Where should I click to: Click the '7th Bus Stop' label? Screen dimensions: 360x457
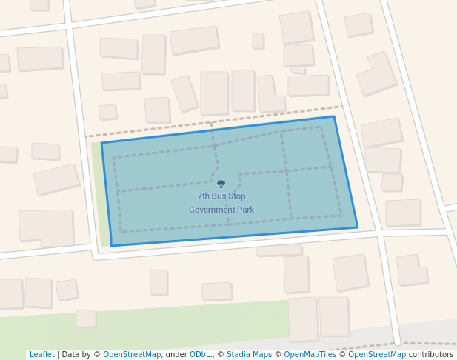pos(221,196)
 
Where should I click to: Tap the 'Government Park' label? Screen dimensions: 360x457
pos(221,210)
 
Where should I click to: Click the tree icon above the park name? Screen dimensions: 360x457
pos(221,184)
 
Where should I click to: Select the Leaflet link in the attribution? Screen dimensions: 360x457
pos(41,355)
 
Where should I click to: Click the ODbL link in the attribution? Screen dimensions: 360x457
pos(201,355)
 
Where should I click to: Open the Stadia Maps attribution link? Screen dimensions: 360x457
pos(249,355)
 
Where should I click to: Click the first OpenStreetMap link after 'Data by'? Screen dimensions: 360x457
pos(132,355)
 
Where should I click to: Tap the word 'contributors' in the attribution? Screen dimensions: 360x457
pos(430,355)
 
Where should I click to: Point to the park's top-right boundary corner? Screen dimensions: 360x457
pos(333,116)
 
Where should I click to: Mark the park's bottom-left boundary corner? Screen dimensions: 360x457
pos(111,245)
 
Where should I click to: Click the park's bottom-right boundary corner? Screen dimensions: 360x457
pos(358,227)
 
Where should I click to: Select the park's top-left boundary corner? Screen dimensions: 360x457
pos(101,142)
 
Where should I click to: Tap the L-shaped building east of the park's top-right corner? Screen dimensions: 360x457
pos(378,73)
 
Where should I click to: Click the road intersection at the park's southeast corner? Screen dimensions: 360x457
pos(378,233)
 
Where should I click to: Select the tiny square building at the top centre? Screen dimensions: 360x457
pos(258,41)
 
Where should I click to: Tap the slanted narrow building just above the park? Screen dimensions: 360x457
pos(184,93)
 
